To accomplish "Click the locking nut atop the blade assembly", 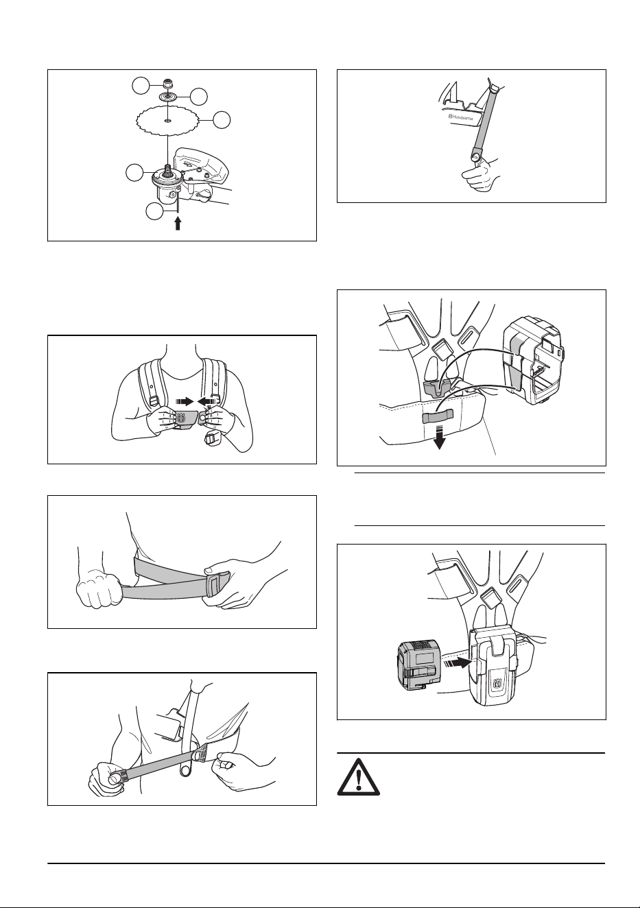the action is (x=167, y=84).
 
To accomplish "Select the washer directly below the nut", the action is (x=167, y=97).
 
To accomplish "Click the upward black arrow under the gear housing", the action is (x=178, y=224).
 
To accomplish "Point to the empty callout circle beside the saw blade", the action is (x=222, y=120).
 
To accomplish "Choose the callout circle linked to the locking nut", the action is (x=141, y=86).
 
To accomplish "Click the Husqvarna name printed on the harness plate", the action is (x=461, y=118).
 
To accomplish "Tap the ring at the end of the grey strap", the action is (x=475, y=155).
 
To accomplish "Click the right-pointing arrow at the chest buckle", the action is (x=185, y=401).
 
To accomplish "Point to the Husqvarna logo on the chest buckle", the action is (x=180, y=417).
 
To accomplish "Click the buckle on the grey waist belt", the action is (x=216, y=586).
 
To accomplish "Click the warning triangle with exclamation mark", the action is (x=359, y=776).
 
